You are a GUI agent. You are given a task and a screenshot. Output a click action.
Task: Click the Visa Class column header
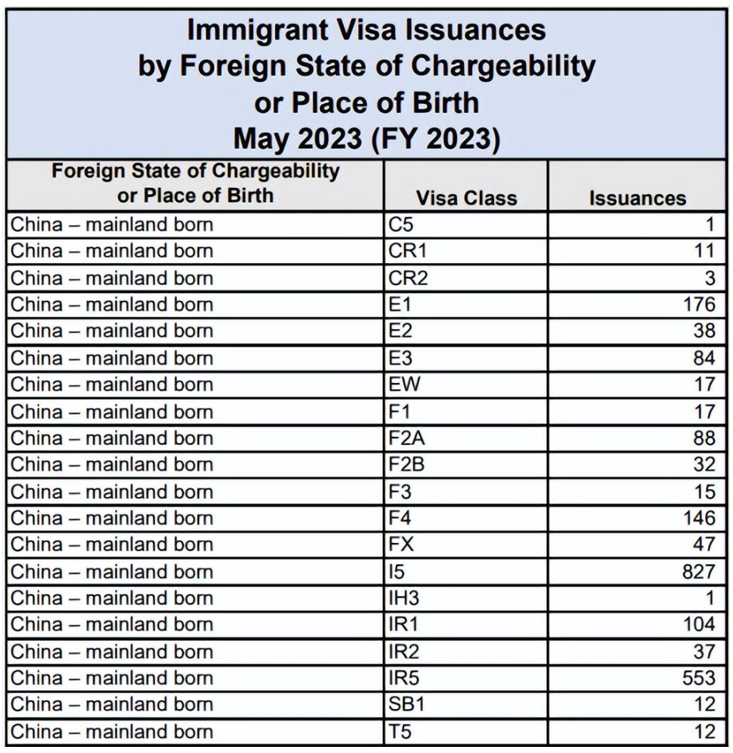pos(466,198)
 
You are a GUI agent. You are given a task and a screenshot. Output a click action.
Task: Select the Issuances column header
pos(637,198)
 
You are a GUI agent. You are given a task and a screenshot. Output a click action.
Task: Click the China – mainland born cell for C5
pos(111,224)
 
